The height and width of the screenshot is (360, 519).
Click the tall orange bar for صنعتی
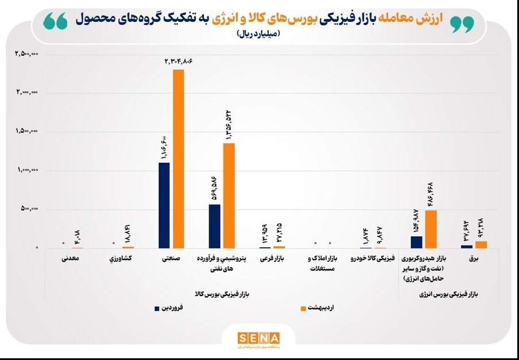pos(178,159)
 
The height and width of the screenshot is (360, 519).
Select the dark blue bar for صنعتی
pos(164,205)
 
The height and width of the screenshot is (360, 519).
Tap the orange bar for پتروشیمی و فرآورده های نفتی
pos(229,196)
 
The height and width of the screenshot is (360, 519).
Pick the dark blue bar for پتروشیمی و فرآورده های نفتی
pos(214,226)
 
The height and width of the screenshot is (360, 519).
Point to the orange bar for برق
pos(481,244)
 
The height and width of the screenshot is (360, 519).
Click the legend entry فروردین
pos(172,308)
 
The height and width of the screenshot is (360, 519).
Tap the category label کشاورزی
pos(120,259)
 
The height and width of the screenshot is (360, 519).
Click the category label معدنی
pos(70,259)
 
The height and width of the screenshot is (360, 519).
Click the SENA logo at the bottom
pos(259,338)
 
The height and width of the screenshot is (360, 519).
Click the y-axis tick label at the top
pos(26,54)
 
